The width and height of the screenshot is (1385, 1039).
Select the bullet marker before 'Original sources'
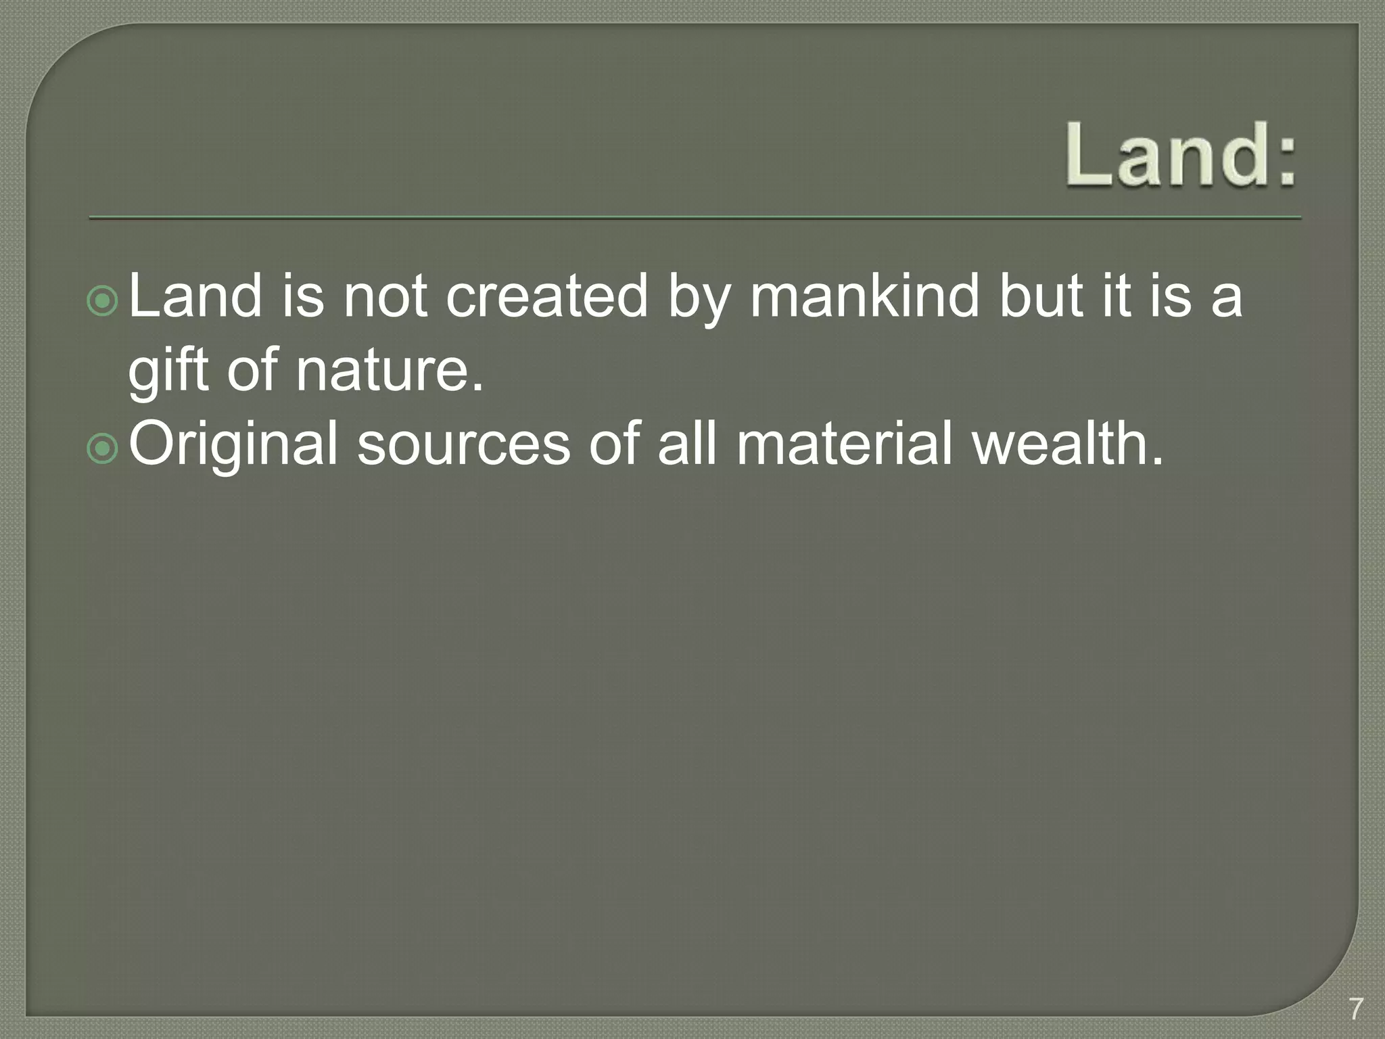103,448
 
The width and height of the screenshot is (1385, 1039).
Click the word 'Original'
233,444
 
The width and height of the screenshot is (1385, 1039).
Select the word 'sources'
463,444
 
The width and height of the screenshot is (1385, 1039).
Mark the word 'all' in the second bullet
686,444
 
